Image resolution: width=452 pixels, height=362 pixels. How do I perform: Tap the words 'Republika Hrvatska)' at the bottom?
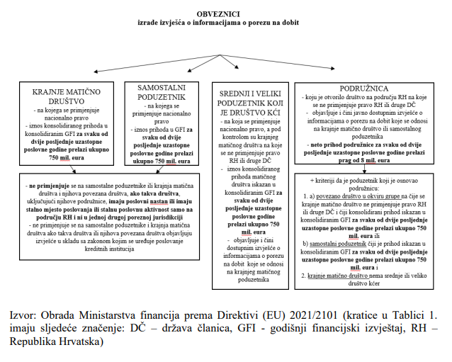point(57,342)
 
